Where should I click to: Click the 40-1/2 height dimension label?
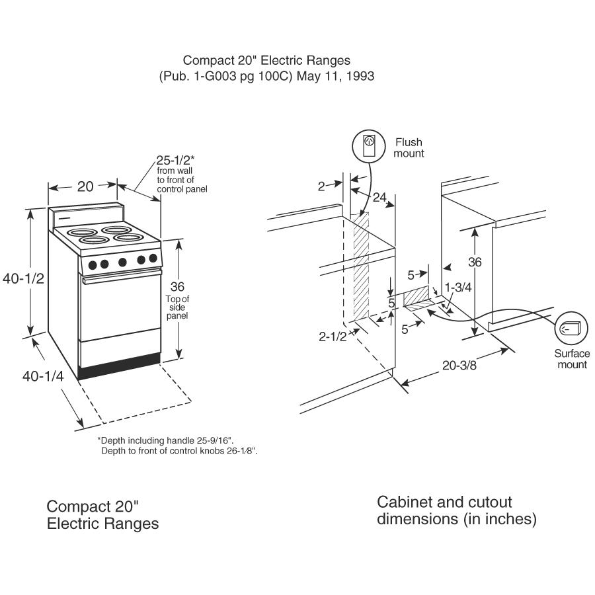coord(23,279)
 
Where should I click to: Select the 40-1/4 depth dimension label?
coord(43,376)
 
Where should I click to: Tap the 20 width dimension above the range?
coord(85,186)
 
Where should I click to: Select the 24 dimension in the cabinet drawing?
coord(378,196)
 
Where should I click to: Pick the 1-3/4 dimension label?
coord(457,288)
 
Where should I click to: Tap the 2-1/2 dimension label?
coord(333,337)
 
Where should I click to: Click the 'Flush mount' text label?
coord(409,147)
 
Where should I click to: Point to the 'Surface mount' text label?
coord(572,359)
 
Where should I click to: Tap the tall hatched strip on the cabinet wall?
coord(361,264)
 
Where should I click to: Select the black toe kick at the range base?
coord(119,368)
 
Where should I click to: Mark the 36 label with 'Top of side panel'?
coord(177,287)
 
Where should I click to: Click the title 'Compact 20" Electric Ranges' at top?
coord(266,61)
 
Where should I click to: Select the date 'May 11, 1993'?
coord(335,76)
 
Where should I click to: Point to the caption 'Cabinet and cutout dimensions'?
coord(456,510)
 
